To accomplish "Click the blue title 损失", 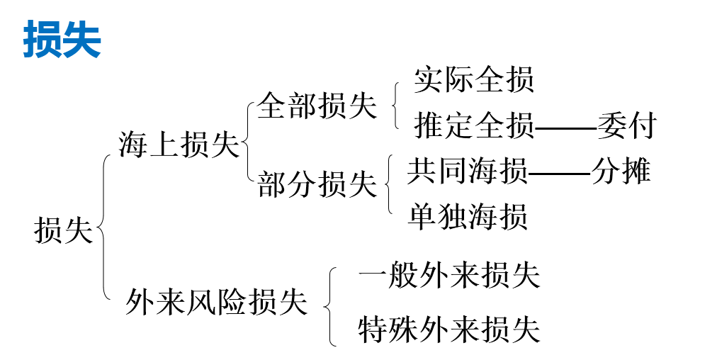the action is (62, 39).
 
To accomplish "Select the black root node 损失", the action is (64, 231).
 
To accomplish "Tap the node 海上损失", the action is (179, 145).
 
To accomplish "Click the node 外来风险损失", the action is (217, 303).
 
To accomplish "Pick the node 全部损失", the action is (317, 106).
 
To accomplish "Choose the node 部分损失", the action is (317, 184).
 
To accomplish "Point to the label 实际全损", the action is (474, 79).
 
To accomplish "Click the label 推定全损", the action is (474, 127).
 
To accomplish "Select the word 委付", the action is (627, 127).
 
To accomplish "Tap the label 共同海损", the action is (467, 172).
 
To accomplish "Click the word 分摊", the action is (621, 172).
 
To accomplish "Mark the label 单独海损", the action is (468, 216).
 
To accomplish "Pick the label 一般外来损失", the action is (449, 276).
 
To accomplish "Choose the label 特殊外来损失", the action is (449, 330).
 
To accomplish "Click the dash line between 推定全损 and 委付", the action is (565, 128).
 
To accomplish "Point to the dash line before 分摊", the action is (559, 174).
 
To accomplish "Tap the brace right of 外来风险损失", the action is (330, 306).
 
